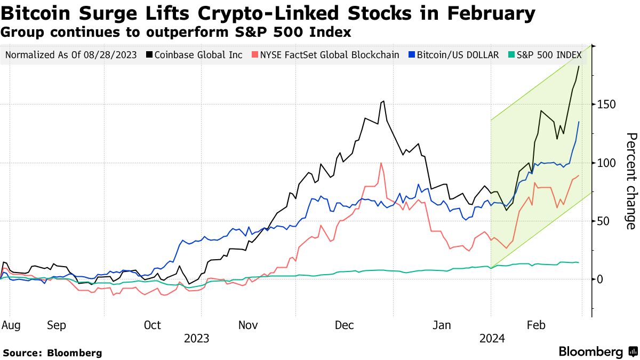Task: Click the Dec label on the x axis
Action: coord(345,325)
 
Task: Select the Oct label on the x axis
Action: coord(153,325)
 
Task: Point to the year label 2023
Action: coord(196,338)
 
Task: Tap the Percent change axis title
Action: coord(630,181)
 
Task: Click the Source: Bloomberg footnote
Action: coord(52,353)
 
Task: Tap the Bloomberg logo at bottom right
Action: coord(597,351)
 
